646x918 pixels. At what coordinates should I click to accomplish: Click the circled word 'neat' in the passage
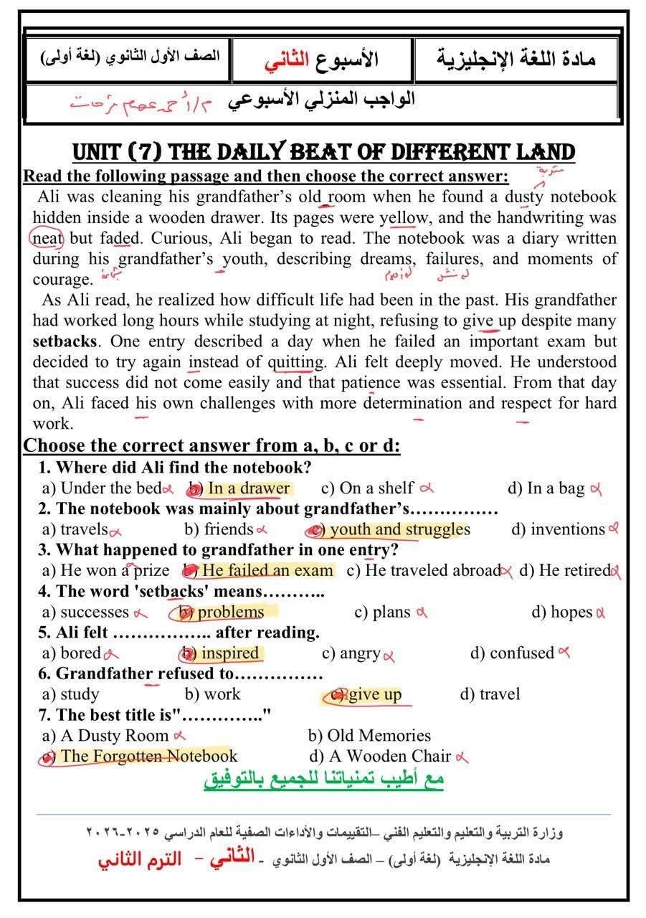48,238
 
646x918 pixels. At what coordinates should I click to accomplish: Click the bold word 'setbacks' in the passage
65,341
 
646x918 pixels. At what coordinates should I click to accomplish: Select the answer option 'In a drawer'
249,488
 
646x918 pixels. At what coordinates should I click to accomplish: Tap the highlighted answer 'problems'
230,612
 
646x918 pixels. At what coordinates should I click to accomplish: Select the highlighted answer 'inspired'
229,653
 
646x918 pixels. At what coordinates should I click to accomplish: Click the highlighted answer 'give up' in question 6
375,694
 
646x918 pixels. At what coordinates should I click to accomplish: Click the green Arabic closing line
324,780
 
